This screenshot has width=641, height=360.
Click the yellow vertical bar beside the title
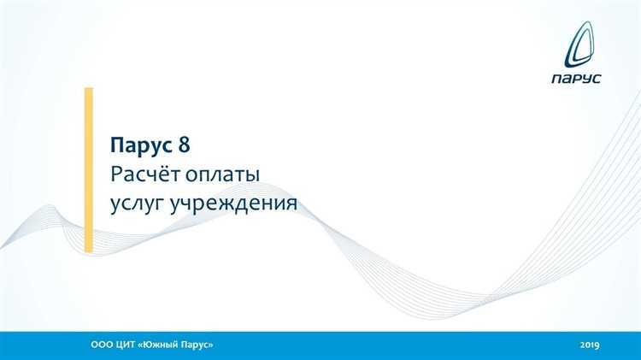pyautogui.click(x=88, y=168)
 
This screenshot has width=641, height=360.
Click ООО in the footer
pyautogui.click(x=101, y=344)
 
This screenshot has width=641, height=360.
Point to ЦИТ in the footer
pyautogui.click(x=125, y=344)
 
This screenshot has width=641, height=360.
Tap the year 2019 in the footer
pyautogui.click(x=589, y=344)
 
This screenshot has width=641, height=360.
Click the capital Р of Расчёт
pyautogui.click(x=116, y=174)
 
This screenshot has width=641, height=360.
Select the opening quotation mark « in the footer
pyautogui.click(x=139, y=344)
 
